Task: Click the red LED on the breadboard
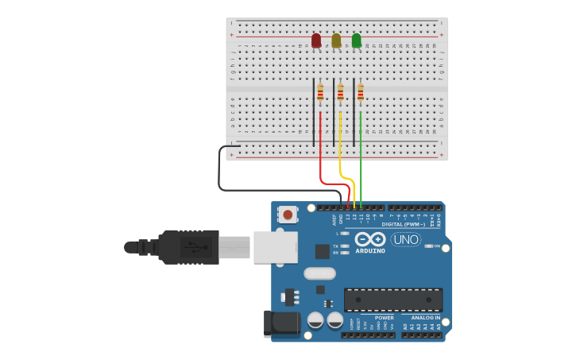click(316, 40)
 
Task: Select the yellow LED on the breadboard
click(336, 40)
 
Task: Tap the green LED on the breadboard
click(356, 40)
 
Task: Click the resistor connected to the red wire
click(320, 94)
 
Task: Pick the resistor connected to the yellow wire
click(340, 94)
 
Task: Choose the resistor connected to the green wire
click(360, 94)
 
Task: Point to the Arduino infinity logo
click(369, 239)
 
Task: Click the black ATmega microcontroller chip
click(393, 300)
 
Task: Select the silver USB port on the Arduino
click(275, 246)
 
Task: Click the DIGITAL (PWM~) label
click(403, 225)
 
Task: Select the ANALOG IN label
click(421, 318)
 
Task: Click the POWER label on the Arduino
click(384, 318)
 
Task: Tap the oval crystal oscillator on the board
click(319, 274)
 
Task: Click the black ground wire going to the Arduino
click(221, 171)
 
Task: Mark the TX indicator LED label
click(336, 246)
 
